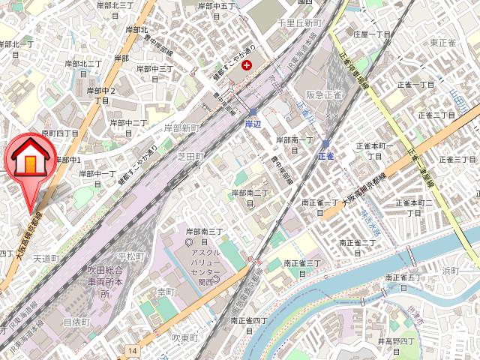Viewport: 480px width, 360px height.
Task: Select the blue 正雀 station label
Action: (325, 156)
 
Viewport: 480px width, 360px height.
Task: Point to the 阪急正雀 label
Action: (324, 94)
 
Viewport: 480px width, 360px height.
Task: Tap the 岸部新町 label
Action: (182, 128)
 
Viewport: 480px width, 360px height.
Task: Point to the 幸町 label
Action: (164, 291)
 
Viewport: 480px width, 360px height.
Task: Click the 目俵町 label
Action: (76, 322)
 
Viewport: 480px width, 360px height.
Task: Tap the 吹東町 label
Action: (184, 338)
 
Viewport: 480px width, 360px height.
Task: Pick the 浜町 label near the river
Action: (450, 270)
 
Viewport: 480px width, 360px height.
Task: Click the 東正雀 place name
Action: (443, 43)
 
